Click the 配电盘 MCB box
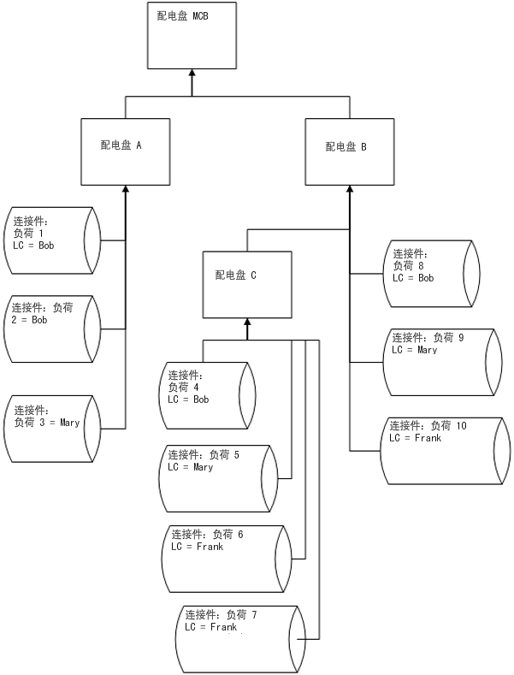tap(192, 37)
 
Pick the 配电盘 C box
tap(246, 284)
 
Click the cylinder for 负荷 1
tap(51, 240)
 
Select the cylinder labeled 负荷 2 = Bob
tap(51, 329)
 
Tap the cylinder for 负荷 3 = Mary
tap(51, 429)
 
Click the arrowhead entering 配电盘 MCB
tap(192, 75)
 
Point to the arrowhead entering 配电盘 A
tap(126, 189)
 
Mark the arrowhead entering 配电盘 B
tap(349, 189)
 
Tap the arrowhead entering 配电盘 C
tap(247, 323)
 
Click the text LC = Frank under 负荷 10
tap(416, 438)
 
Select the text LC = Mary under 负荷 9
tap(415, 350)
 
